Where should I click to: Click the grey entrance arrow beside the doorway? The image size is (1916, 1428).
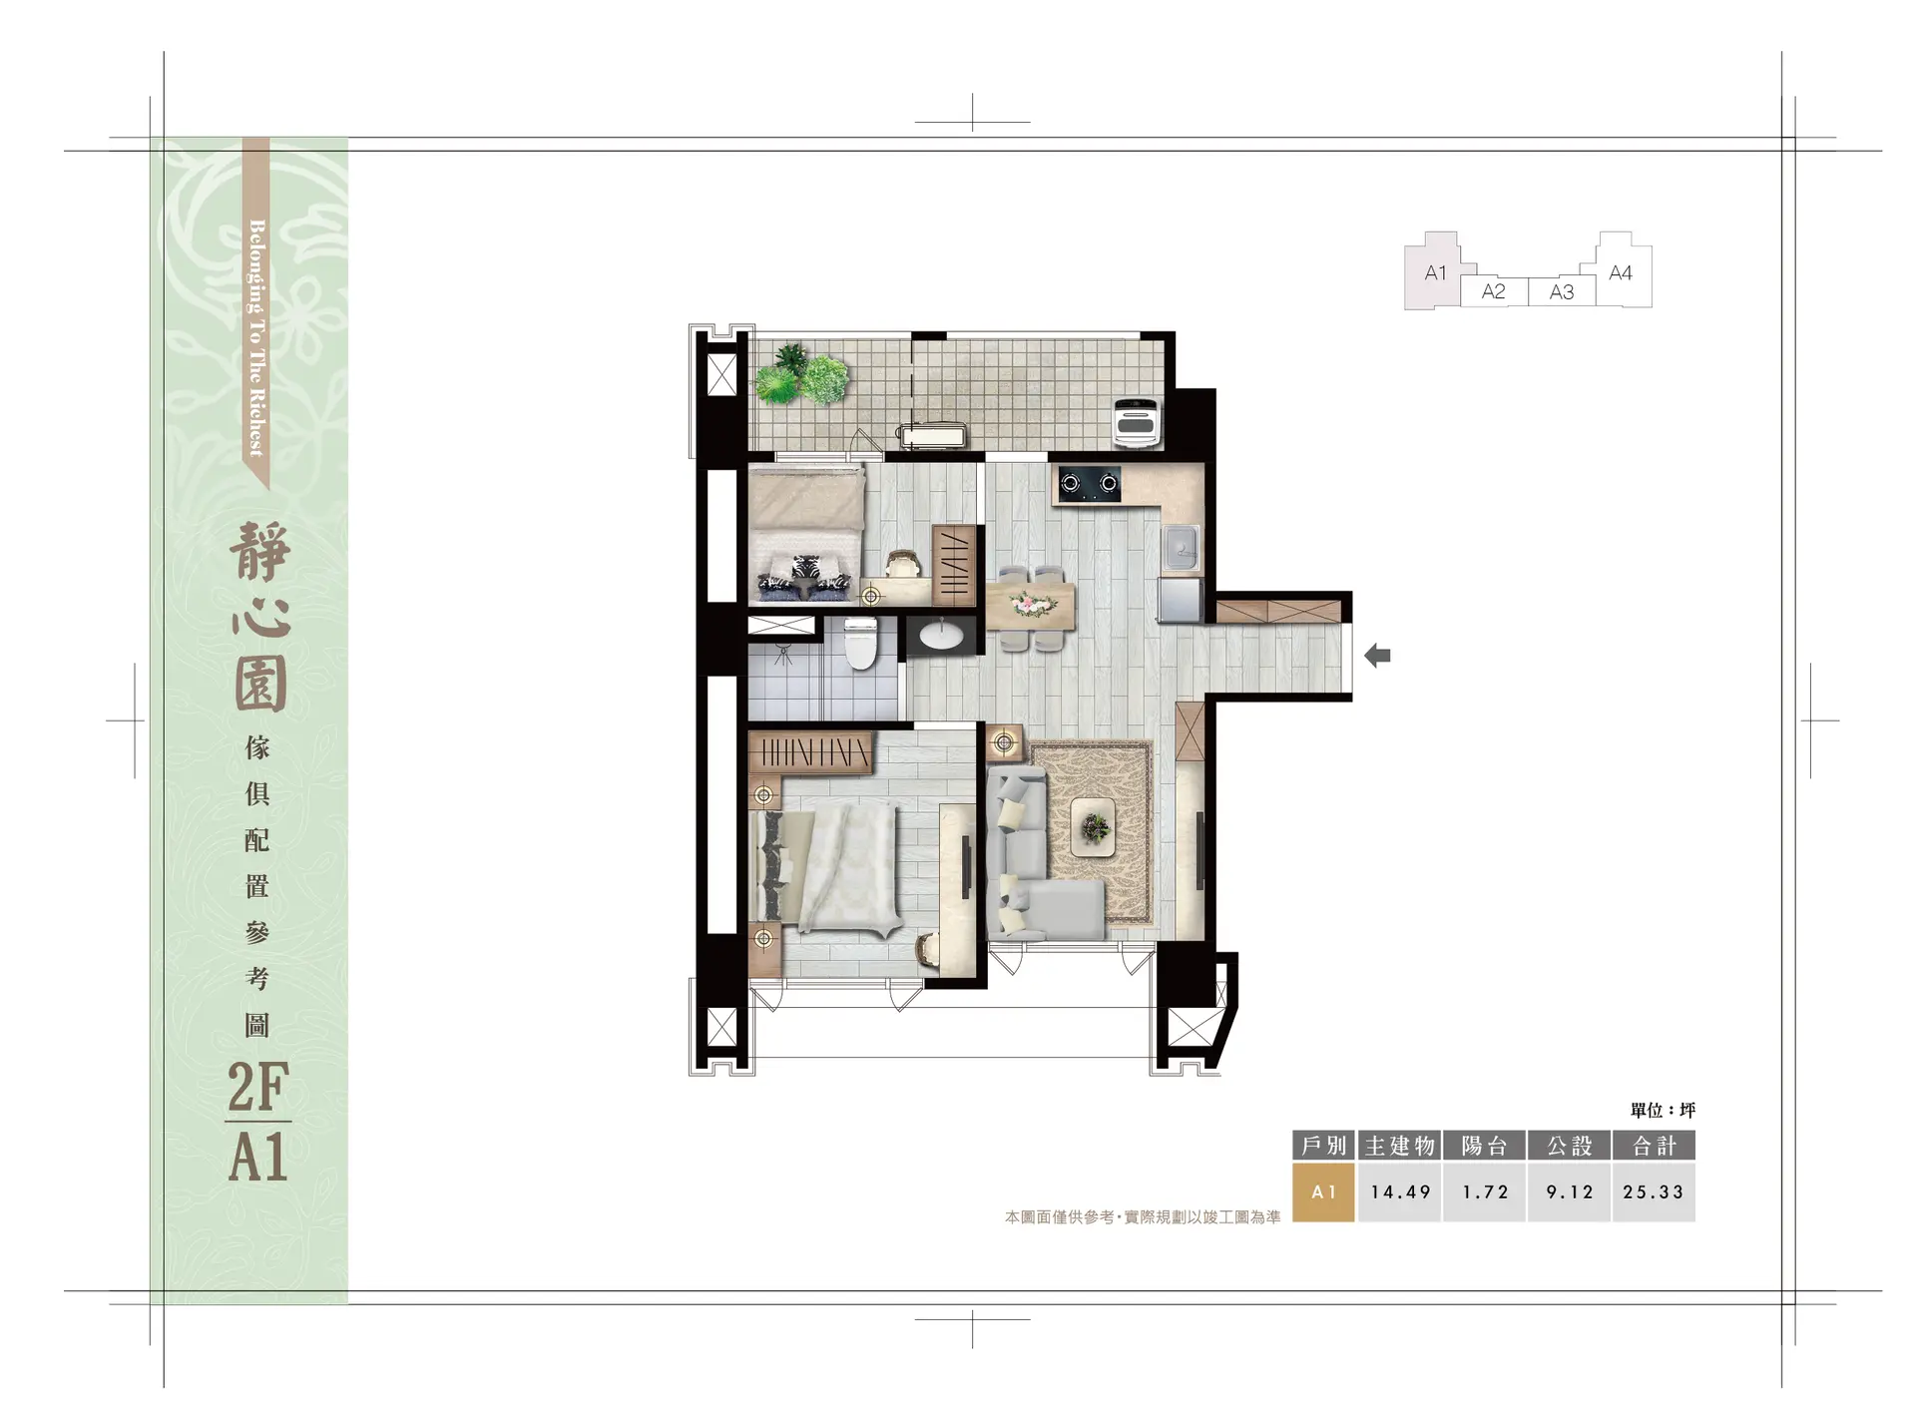pyautogui.click(x=1377, y=656)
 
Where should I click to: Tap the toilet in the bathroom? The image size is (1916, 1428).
pyautogui.click(x=860, y=644)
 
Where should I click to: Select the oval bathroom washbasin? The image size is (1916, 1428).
pyautogui.click(x=940, y=636)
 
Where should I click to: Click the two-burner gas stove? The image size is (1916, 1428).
pyautogui.click(x=1089, y=484)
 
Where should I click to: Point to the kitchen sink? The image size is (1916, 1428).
pyautogui.click(x=1181, y=547)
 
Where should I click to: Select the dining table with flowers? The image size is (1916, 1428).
pyautogui.click(x=1030, y=607)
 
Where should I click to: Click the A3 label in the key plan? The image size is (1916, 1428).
pyautogui.click(x=1562, y=291)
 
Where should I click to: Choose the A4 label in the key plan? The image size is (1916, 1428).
pyautogui.click(x=1621, y=272)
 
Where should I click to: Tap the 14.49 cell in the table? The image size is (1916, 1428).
pyautogui.click(x=1400, y=1191)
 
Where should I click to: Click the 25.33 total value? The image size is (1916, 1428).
pyautogui.click(x=1653, y=1191)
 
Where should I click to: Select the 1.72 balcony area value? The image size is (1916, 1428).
pyautogui.click(x=1485, y=1191)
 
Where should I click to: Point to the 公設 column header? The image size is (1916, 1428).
pyautogui.click(x=1569, y=1146)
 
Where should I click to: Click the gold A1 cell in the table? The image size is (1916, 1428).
pyautogui.click(x=1323, y=1191)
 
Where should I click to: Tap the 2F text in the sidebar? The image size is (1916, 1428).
pyautogui.click(x=258, y=1087)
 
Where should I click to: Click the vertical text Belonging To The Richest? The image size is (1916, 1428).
pyautogui.click(x=256, y=338)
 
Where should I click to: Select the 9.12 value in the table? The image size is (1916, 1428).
pyautogui.click(x=1569, y=1191)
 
